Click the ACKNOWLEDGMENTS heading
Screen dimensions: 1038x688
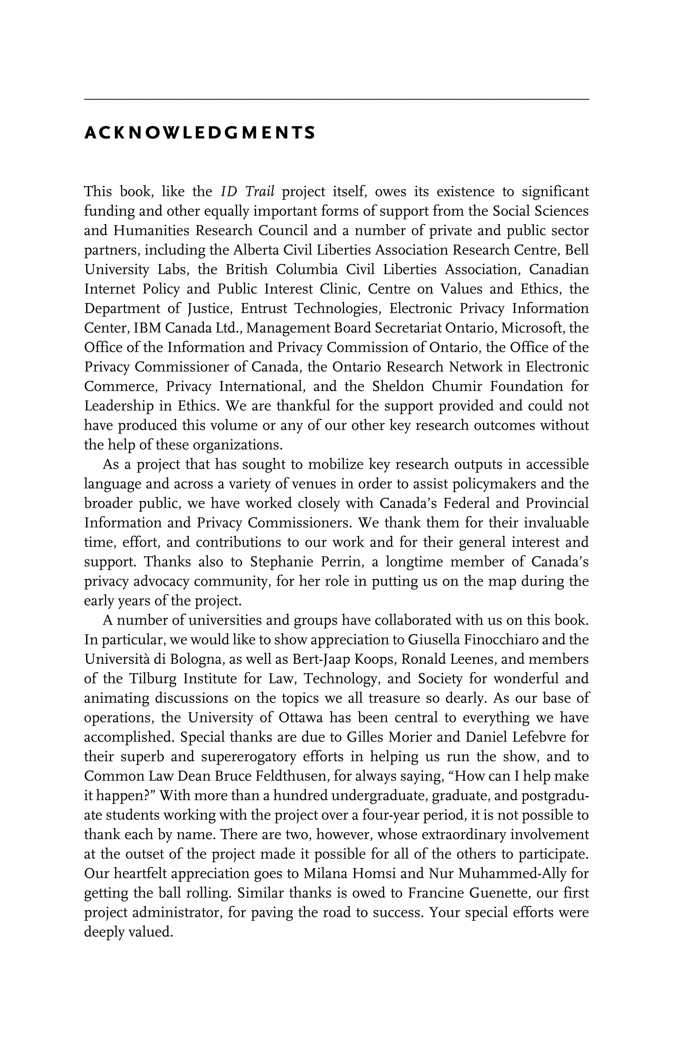point(200,132)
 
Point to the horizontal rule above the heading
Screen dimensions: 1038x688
point(336,99)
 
